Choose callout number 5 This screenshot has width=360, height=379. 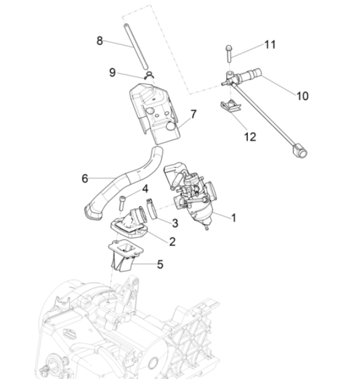pos(160,264)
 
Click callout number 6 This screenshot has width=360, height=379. pos(85,178)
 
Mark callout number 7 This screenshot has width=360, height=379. pos(193,114)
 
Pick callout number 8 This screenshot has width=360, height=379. pos(100,40)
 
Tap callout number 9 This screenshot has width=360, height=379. pos(112,71)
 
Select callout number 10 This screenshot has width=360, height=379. pos(302,96)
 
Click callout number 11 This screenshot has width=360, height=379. pos(270,45)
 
